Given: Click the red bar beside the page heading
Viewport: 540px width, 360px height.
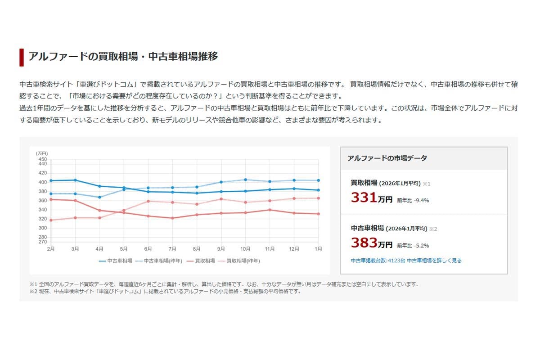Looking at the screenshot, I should [22, 57].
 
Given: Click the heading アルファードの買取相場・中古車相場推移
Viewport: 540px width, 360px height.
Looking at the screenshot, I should [123, 57].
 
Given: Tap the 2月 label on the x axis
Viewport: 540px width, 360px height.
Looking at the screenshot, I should [51, 249].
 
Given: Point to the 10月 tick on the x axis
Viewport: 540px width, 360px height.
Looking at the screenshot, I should [245, 249].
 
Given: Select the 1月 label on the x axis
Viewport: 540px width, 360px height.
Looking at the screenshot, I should [318, 249].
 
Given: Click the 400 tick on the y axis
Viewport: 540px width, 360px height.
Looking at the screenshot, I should [42, 182].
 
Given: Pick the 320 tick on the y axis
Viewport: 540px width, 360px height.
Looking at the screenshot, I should [42, 219].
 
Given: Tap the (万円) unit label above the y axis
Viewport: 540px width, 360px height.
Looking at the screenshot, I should [42, 153].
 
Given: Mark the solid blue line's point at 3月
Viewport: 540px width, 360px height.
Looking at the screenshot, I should [75, 180].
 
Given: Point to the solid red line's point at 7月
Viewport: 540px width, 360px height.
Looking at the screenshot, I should [172, 218].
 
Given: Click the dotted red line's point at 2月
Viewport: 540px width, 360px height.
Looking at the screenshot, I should [51, 220].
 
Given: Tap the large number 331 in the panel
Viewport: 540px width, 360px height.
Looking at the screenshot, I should [364, 198].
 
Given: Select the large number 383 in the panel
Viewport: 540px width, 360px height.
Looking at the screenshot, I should [364, 243].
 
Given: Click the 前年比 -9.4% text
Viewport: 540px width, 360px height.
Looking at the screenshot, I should [413, 200].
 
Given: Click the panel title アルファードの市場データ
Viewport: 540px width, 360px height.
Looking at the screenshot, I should [387, 158].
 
